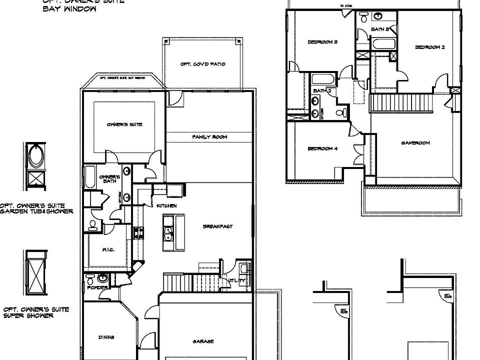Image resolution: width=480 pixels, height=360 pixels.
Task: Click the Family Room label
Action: [209, 136]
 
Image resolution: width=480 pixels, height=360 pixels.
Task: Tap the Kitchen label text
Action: [166, 205]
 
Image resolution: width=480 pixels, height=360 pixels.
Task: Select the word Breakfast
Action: [217, 226]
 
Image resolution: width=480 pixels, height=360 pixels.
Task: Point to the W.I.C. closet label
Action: [109, 250]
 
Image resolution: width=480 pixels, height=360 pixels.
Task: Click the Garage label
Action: [203, 341]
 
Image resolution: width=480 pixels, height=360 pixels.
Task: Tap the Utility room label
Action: [237, 280]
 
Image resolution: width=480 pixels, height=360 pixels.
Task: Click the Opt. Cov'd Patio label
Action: [202, 64]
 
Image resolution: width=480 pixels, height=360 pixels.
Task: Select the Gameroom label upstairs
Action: [415, 143]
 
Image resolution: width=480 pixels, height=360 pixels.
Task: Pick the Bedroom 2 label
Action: [429, 47]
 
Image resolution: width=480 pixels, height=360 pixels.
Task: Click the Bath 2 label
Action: [319, 90]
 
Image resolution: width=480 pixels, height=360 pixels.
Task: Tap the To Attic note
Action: [345, 6]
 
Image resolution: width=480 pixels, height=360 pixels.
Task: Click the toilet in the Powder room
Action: [90, 278]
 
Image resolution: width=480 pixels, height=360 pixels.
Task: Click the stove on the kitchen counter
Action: [138, 232]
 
